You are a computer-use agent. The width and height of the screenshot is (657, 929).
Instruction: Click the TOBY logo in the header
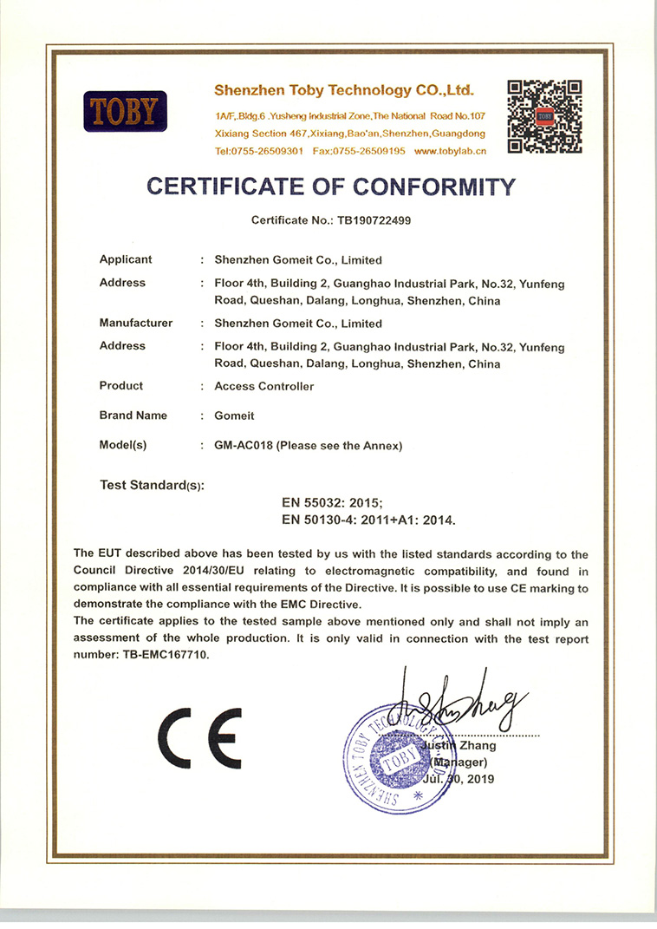click(x=125, y=111)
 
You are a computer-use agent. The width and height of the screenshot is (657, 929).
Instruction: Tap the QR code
click(x=543, y=116)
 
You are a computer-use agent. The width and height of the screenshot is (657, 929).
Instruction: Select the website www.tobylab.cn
click(x=450, y=151)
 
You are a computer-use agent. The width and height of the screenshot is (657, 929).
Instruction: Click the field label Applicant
click(x=126, y=259)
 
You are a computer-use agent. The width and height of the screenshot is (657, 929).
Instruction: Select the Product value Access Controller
click(x=263, y=386)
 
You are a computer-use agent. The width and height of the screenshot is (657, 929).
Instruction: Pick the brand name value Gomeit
click(x=234, y=415)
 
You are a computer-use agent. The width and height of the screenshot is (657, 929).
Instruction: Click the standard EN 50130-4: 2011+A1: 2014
click(x=368, y=520)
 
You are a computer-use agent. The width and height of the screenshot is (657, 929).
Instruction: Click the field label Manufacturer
click(x=136, y=324)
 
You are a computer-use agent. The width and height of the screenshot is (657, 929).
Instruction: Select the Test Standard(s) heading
click(x=152, y=485)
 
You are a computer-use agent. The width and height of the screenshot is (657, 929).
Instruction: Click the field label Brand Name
click(x=133, y=415)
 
